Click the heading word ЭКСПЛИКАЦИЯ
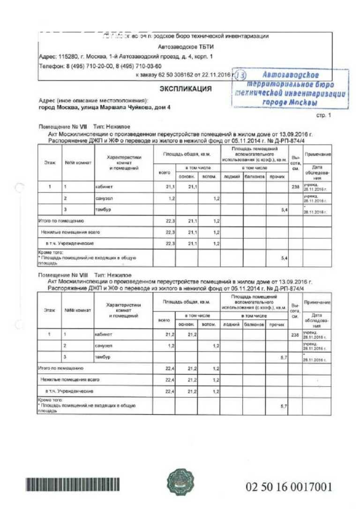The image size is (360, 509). [x=186, y=89]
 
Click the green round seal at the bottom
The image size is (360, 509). [x=180, y=483]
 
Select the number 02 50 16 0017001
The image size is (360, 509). [x=288, y=486]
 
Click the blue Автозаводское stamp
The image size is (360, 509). [x=291, y=89]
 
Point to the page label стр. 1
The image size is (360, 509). [x=324, y=115]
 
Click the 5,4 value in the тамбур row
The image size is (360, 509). [x=284, y=210]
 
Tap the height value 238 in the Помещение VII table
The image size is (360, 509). [x=295, y=187]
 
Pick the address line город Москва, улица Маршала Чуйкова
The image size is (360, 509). [x=105, y=107]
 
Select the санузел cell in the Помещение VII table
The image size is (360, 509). [x=104, y=199]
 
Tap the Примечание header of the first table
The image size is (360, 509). [x=317, y=154]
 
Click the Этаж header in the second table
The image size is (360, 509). [x=50, y=310]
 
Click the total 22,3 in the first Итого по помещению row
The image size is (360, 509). [x=170, y=220]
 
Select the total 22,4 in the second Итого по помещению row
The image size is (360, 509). [x=170, y=368]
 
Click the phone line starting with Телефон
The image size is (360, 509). [x=100, y=66]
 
